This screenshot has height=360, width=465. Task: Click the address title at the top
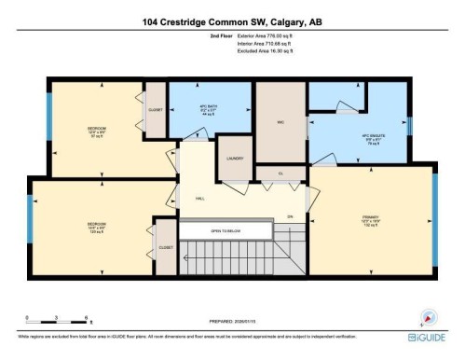pyautogui.click(x=233, y=21)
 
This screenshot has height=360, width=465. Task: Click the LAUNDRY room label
pyautogui.click(x=234, y=159)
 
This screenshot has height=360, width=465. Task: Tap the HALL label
pyautogui.click(x=199, y=199)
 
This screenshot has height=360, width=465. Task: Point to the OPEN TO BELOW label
pyautogui.click(x=226, y=230)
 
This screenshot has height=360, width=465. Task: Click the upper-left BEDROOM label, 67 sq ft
pyautogui.click(x=95, y=131)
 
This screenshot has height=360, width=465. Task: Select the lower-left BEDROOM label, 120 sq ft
pyautogui.click(x=96, y=226)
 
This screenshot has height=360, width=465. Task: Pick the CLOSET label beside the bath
pyautogui.click(x=156, y=110)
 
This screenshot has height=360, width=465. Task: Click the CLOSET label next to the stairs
pyautogui.click(x=165, y=248)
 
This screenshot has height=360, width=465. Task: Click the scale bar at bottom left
pyautogui.click(x=56, y=320)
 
